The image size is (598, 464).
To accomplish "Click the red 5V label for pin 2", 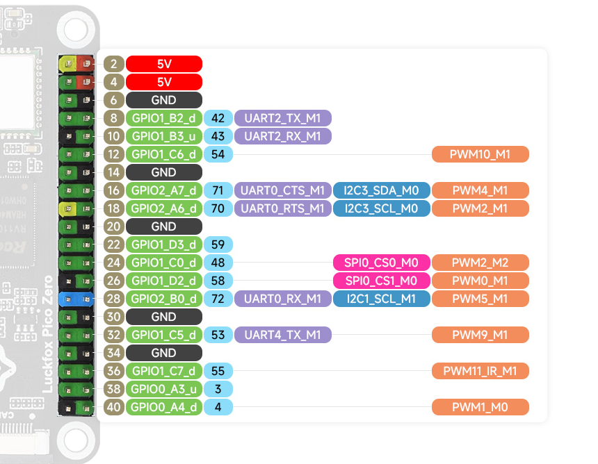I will (164, 64).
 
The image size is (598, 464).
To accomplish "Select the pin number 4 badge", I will (114, 82).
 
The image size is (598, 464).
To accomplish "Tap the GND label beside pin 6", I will (164, 100).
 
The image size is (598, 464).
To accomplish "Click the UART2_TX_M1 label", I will (283, 118).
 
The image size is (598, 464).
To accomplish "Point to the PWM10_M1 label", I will (480, 154).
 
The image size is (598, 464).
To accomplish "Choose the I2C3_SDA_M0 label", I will (382, 190).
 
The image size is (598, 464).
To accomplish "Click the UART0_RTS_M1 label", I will (283, 208).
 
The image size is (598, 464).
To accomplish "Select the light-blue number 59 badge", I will (218, 245).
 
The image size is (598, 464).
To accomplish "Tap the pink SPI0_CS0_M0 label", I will (382, 263).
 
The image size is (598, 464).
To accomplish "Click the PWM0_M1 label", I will (480, 281).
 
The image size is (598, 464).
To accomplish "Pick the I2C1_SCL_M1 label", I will (382, 299).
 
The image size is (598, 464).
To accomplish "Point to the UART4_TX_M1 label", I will (283, 335).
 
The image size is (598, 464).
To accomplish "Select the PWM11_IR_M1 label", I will (480, 371).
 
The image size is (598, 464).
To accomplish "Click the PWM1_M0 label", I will (480, 407).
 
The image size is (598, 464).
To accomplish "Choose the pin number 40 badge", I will (114, 407).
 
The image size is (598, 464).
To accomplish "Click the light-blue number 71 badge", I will (218, 190).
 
